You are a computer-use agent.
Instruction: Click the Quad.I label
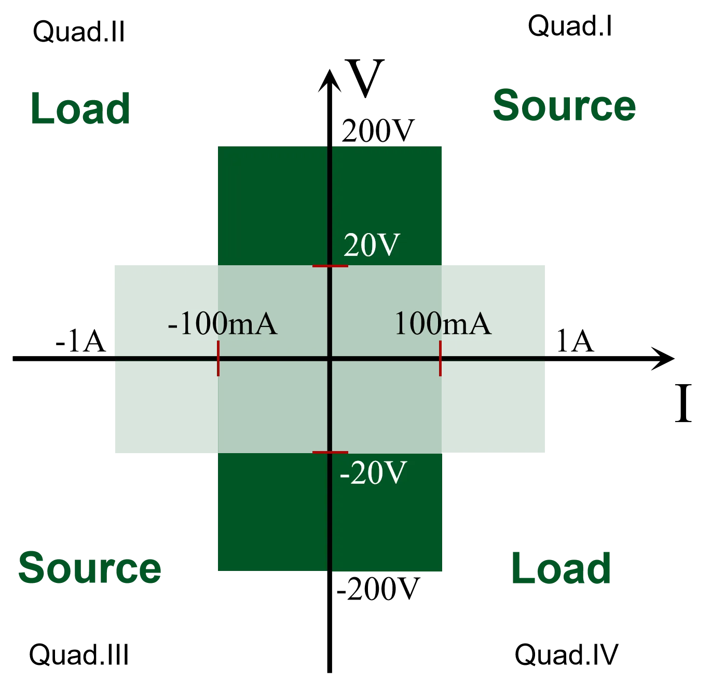570,26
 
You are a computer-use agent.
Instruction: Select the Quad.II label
79,32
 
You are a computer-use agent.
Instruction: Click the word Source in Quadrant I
564,105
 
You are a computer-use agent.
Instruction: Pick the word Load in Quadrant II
80,108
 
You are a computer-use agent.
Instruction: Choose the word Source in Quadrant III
89,568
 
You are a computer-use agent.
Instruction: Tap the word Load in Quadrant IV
561,569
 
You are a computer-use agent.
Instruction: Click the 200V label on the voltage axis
378,131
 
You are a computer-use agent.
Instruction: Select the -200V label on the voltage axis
378,589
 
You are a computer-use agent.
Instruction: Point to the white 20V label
372,245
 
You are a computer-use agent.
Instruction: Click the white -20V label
373,473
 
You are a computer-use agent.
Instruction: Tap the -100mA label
223,323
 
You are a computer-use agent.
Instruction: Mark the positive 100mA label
443,323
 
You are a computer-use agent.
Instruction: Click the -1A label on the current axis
81,341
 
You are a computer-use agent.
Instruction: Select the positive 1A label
575,341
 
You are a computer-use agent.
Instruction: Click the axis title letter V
365,77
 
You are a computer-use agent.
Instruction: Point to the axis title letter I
683,403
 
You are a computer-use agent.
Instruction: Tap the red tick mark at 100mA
440,358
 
